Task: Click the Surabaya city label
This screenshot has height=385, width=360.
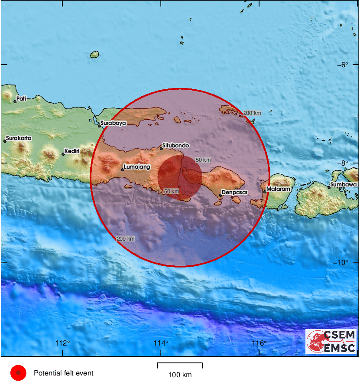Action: point(113,123)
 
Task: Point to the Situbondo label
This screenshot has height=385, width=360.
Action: point(176,146)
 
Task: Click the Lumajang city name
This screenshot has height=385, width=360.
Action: point(137,166)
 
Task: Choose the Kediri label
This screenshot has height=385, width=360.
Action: point(71,151)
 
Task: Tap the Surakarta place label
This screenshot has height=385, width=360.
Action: point(19,138)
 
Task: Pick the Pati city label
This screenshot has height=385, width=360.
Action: point(21,98)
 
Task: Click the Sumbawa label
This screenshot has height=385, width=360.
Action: point(343,185)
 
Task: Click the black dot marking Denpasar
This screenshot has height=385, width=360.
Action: point(221,196)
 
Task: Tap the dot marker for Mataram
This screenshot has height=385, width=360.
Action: point(265,192)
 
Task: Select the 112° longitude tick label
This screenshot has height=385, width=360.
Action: point(63,343)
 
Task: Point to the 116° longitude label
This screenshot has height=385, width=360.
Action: point(259,343)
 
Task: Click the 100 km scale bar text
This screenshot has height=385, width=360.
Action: point(180,375)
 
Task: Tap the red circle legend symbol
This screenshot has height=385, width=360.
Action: point(18,373)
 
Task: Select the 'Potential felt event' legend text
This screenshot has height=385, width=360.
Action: point(63,373)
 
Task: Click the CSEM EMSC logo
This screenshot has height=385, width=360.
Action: point(331,341)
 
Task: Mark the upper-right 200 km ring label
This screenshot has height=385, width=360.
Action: point(252,113)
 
